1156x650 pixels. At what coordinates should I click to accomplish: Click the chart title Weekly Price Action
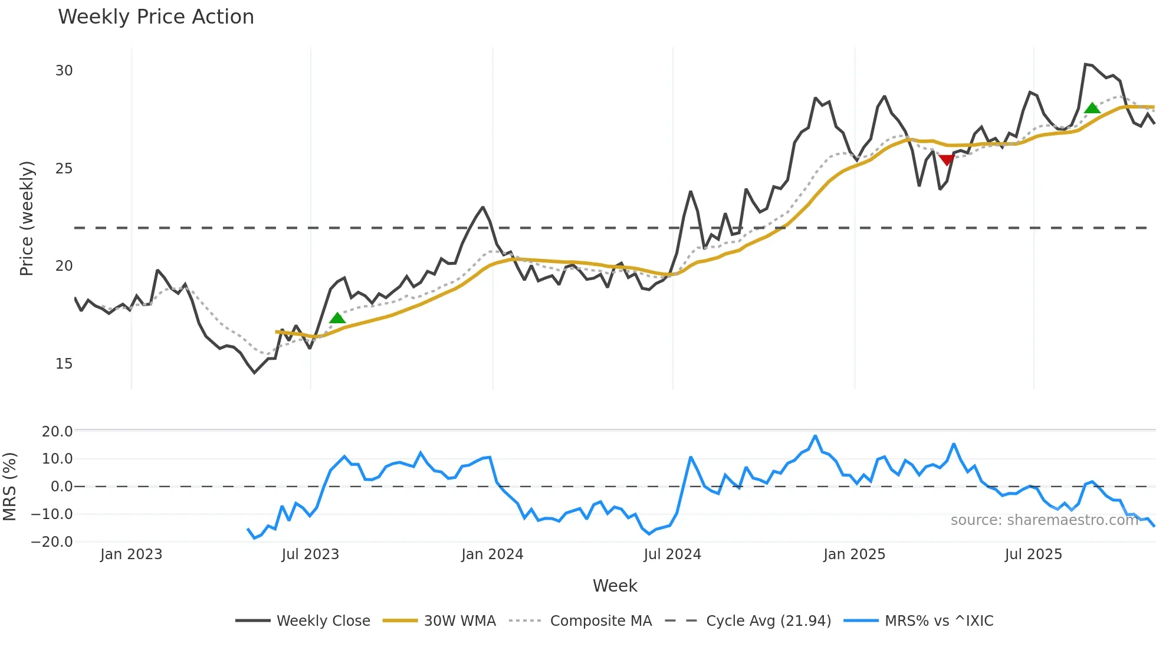pyautogui.click(x=156, y=17)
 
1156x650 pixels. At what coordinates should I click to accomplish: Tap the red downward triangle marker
pyautogui.click(x=947, y=160)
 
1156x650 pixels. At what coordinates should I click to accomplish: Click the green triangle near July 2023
pyautogui.click(x=337, y=319)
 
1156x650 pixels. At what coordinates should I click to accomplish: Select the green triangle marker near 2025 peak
pyautogui.click(x=1092, y=108)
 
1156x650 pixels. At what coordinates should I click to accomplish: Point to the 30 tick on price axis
pyautogui.click(x=64, y=71)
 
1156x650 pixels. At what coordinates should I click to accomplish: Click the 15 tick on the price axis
pyautogui.click(x=64, y=364)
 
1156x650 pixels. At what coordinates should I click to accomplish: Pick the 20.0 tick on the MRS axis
pyautogui.click(x=57, y=431)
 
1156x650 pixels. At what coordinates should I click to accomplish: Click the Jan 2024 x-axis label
pyautogui.click(x=492, y=554)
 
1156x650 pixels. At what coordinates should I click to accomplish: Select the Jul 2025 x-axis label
pyautogui.click(x=1033, y=554)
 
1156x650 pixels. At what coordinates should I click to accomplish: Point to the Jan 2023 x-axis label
pyautogui.click(x=131, y=554)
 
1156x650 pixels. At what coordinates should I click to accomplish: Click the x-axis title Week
pyautogui.click(x=615, y=586)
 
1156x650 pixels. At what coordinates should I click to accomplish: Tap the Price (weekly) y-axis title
pyautogui.click(x=27, y=218)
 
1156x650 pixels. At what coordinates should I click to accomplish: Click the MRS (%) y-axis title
pyautogui.click(x=10, y=487)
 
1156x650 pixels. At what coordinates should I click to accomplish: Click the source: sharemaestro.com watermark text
pyautogui.click(x=1044, y=520)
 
